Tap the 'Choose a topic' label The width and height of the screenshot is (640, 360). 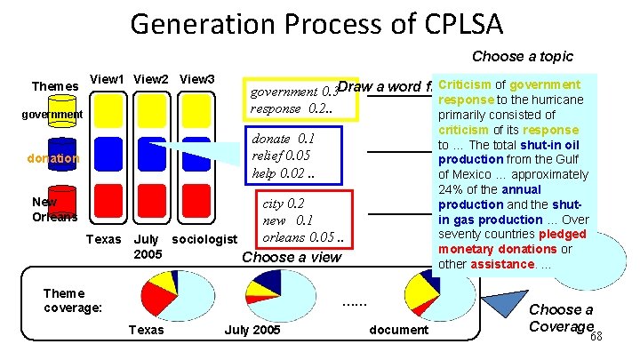tap(523, 56)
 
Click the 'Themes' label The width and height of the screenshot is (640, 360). tap(55, 86)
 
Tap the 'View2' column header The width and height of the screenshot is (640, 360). tap(153, 79)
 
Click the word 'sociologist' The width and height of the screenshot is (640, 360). tap(204, 239)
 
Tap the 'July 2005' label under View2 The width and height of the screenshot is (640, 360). tap(146, 246)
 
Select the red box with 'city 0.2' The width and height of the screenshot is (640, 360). tap(304, 220)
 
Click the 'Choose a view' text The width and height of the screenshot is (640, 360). tap(292, 258)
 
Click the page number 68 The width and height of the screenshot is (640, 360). tap(597, 335)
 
